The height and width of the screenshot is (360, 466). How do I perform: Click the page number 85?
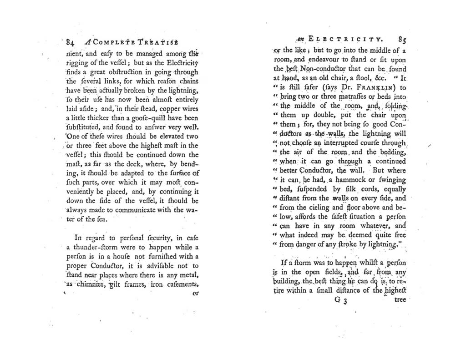[x=401, y=39]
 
